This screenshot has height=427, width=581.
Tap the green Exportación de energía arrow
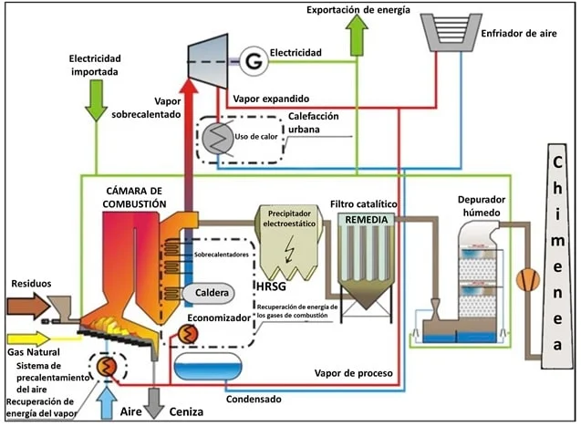click(x=357, y=37)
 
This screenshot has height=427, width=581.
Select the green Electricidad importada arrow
click(x=95, y=101)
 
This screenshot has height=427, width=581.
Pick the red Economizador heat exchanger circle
click(x=189, y=335)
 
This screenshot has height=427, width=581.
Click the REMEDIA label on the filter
click(x=368, y=220)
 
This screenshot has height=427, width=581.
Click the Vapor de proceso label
click(x=352, y=372)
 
